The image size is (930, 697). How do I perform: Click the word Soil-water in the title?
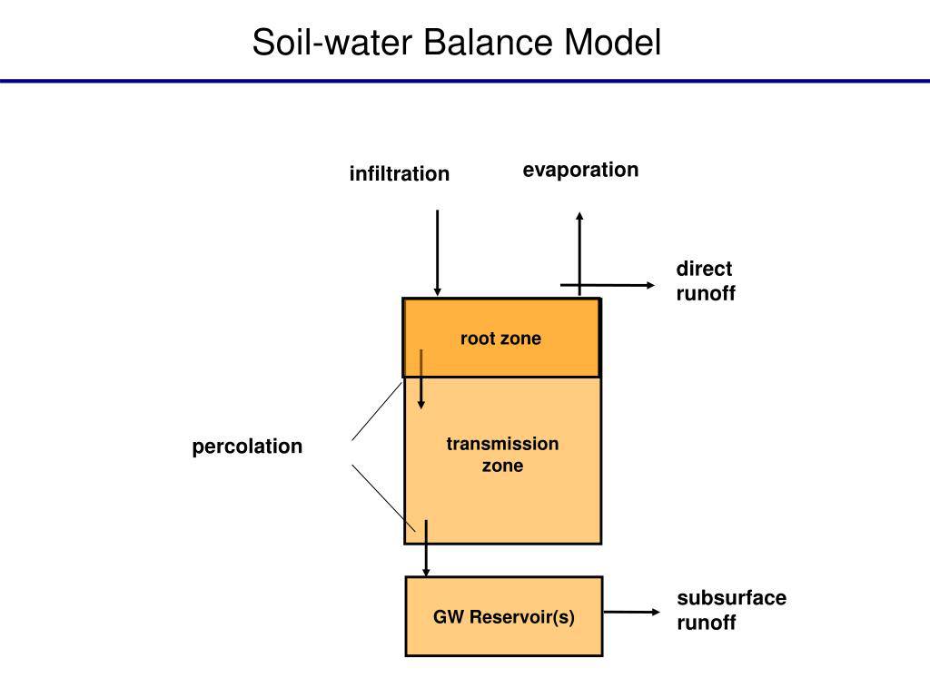click(332, 42)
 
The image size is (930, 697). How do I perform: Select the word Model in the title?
click(612, 42)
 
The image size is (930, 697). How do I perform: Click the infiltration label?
click(400, 173)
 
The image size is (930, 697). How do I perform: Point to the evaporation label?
click(580, 170)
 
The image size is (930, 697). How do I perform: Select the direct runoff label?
click(705, 280)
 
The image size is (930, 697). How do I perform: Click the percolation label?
click(247, 447)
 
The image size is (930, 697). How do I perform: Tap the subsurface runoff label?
click(731, 610)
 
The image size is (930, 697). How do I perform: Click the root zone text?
click(500, 339)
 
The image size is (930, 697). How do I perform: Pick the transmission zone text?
click(502, 455)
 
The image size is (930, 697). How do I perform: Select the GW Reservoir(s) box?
click(503, 616)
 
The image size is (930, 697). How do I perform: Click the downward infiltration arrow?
click(437, 252)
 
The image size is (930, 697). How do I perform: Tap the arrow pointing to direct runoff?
click(608, 285)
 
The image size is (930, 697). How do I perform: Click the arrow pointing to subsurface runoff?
click(631, 612)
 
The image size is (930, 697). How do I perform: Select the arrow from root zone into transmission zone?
click(421, 379)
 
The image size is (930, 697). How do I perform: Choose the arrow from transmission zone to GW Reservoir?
click(426, 548)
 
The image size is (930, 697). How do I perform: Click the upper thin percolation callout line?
click(377, 411)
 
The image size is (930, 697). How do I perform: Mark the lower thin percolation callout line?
click(383, 498)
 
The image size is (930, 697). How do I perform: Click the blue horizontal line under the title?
click(465, 81)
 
